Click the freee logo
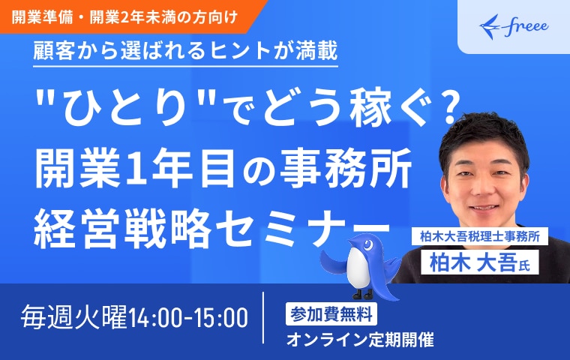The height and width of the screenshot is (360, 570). [514, 26]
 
